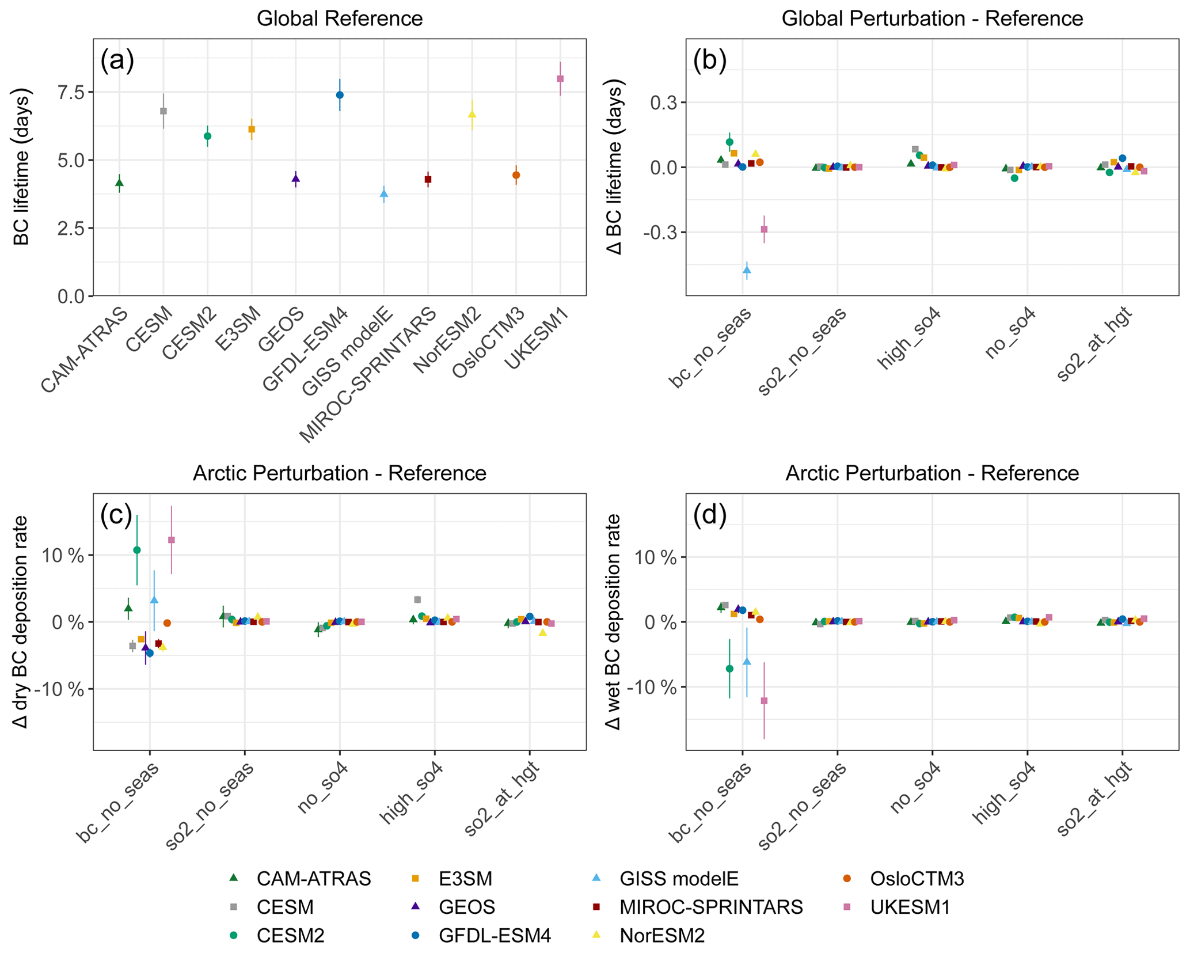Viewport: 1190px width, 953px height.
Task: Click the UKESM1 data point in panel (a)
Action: (x=560, y=79)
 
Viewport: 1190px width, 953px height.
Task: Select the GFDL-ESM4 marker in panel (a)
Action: (x=340, y=95)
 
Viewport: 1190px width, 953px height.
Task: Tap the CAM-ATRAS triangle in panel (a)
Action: (x=119, y=183)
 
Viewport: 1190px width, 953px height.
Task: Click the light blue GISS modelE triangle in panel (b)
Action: (x=747, y=269)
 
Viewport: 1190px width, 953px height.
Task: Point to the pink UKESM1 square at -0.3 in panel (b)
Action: (x=764, y=229)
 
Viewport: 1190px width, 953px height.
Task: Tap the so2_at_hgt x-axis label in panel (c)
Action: (x=501, y=800)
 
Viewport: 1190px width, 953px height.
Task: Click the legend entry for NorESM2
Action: (x=662, y=936)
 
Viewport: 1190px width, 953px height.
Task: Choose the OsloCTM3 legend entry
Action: (x=917, y=879)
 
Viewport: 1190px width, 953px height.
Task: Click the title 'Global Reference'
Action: (x=340, y=18)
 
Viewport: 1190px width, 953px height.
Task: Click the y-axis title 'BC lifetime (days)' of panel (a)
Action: (x=22, y=167)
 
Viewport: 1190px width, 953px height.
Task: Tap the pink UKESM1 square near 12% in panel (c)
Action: (x=171, y=540)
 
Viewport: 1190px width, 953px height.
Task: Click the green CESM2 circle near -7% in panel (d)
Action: (x=729, y=669)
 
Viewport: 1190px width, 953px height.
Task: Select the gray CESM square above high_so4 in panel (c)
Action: (x=417, y=599)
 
